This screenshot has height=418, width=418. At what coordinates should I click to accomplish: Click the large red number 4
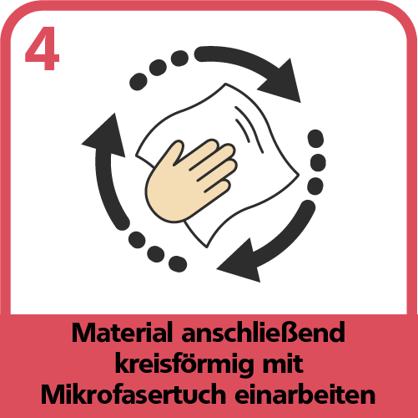coord(43,48)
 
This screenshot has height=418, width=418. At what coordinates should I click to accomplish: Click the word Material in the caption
coord(121,333)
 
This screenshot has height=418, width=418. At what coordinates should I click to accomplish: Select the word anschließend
coord(263,333)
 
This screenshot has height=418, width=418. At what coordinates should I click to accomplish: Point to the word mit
coord(283,363)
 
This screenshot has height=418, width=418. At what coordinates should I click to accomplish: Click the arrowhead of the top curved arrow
coord(281,81)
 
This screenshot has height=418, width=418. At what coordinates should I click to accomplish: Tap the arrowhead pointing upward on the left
coord(105,135)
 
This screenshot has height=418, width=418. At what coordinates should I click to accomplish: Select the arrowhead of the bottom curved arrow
coord(239,261)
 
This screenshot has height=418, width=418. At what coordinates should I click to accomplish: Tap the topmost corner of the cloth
coord(225,84)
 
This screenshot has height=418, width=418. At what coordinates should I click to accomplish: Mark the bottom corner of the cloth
coord(207,247)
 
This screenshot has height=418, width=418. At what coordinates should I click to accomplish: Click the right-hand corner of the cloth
coord(299,175)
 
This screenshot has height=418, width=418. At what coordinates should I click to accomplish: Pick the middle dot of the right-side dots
coord(318,163)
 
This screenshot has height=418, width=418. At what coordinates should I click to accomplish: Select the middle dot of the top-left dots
coord(158,68)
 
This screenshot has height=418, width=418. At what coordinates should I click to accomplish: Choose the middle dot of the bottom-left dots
coord(156,254)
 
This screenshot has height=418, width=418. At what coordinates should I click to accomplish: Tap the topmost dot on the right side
coord(316,139)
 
